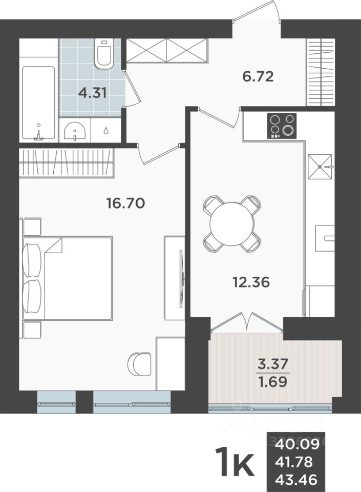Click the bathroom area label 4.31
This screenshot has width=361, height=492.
tap(92, 93)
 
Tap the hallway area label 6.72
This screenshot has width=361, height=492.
tap(258, 77)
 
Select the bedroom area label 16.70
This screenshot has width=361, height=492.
tap(125, 203)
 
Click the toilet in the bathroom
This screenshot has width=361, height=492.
tap(104, 55)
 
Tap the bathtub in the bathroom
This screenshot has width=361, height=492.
tap(38, 102)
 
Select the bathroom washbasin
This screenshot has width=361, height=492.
tap(75, 131)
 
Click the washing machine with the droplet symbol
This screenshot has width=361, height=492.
tap(106, 130)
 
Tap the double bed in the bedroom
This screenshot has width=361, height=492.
tap(69, 278)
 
